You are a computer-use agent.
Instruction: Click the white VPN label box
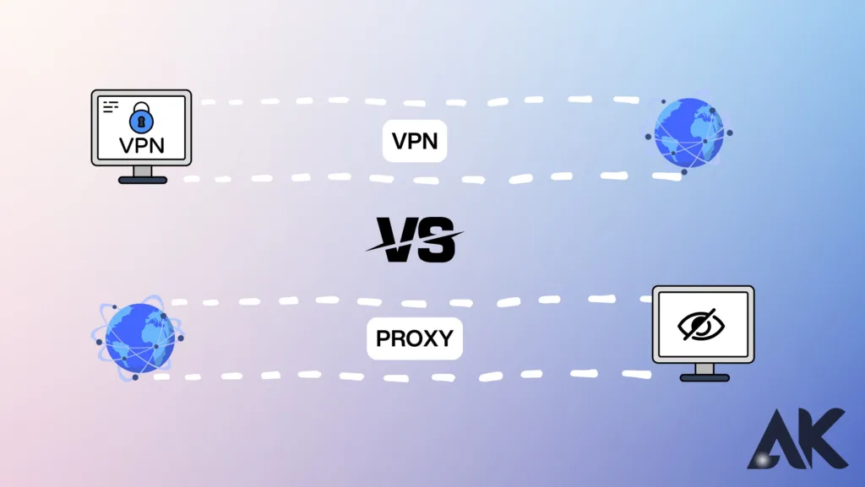(414, 141)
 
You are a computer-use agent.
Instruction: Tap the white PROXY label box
(414, 339)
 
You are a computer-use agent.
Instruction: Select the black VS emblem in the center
(413, 239)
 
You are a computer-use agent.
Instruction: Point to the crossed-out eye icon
(703, 324)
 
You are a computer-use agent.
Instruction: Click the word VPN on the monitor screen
(141, 145)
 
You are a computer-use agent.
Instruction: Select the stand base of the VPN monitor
(142, 180)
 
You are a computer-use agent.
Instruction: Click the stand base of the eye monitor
(704, 376)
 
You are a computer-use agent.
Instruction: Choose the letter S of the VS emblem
(436, 239)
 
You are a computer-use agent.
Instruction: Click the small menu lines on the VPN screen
(111, 107)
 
